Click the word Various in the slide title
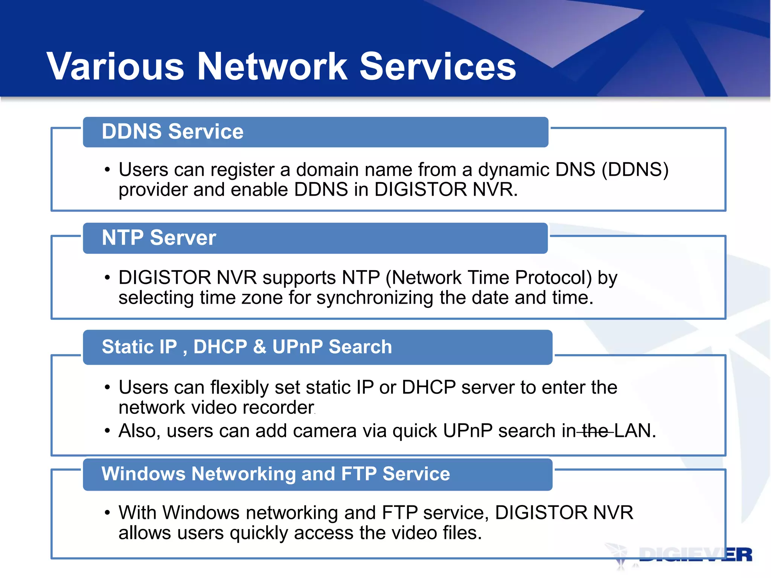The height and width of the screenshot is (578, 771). pyautogui.click(x=115, y=67)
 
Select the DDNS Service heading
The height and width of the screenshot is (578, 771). pyautogui.click(x=172, y=132)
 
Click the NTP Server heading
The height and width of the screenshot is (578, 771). pyautogui.click(x=159, y=238)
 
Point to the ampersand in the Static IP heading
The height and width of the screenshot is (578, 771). pyautogui.click(x=260, y=347)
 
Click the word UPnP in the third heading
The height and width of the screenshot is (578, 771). pyautogui.click(x=297, y=347)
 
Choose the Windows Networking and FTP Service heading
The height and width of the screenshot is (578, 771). pyautogui.click(x=276, y=474)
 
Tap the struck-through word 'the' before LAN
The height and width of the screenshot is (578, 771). pyautogui.click(x=595, y=431)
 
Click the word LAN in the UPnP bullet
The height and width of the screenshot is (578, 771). pyautogui.click(x=635, y=431)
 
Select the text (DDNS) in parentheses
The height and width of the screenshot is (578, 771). pyautogui.click(x=635, y=170)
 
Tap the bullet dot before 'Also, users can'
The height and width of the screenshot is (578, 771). pyautogui.click(x=108, y=431)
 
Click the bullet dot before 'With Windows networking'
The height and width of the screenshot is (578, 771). pyautogui.click(x=108, y=513)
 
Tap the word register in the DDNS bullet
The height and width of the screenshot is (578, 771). pyautogui.click(x=242, y=170)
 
